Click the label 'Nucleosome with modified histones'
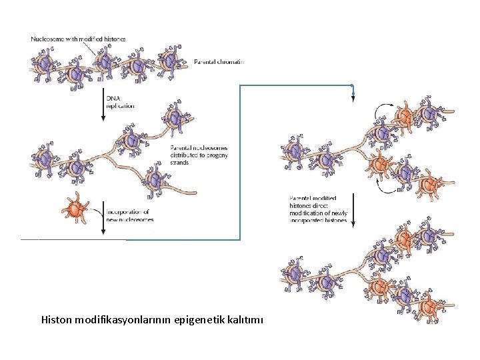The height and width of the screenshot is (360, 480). (77, 39)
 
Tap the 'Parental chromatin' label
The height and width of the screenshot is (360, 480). (219, 61)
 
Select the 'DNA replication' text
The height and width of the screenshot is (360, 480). (121, 102)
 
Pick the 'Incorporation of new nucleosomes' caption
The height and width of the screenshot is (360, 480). (130, 215)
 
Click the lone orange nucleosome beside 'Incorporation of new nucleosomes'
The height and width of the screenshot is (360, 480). (75, 209)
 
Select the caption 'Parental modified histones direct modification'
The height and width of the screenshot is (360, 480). (318, 209)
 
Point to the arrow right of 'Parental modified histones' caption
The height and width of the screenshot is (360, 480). (353, 211)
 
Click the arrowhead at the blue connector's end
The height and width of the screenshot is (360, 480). (353, 99)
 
